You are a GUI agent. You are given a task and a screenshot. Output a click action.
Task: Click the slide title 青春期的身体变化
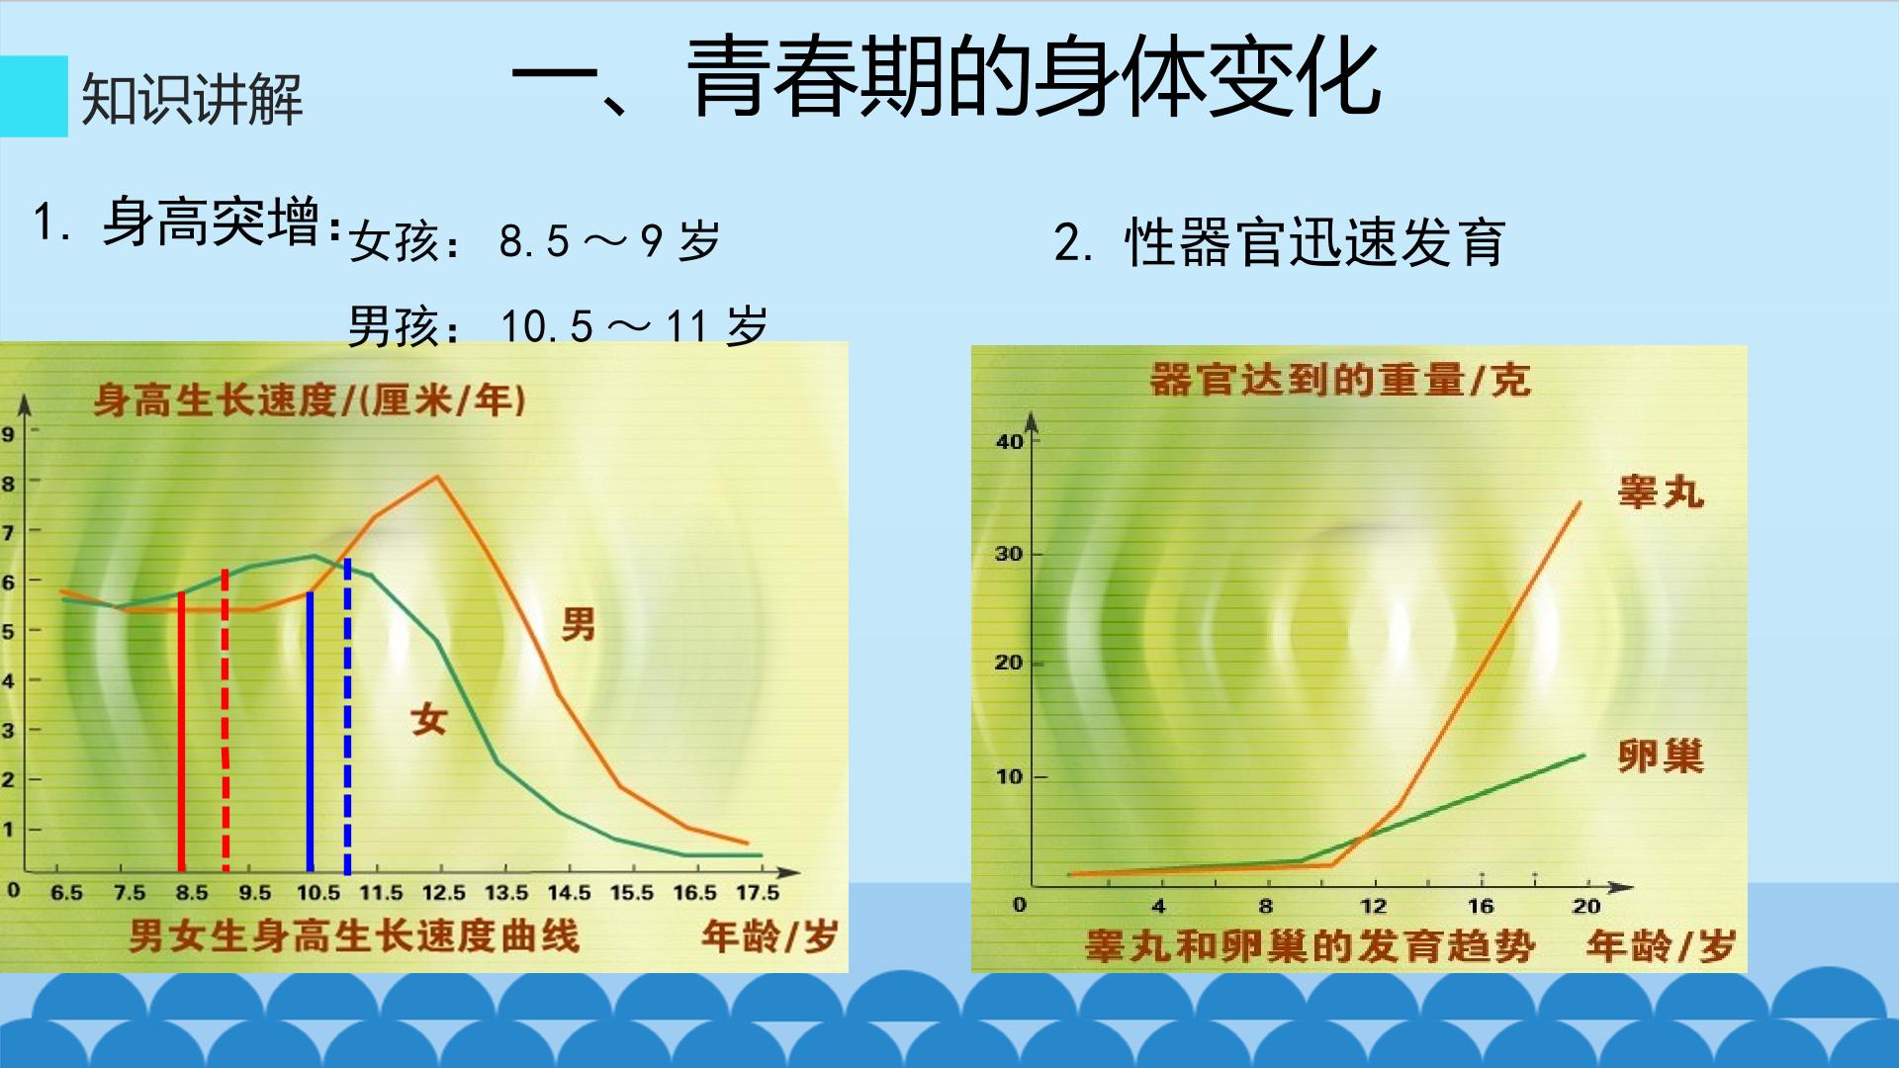[1034, 77]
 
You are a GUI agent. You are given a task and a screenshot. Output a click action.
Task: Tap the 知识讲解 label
[192, 99]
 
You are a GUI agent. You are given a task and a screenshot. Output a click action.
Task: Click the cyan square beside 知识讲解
[34, 96]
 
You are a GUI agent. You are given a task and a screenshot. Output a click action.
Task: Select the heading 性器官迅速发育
[1315, 242]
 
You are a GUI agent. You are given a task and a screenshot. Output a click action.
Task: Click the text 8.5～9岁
[609, 240]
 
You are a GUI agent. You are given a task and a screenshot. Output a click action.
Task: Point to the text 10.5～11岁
[634, 325]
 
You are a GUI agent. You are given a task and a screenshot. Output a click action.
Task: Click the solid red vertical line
[181, 732]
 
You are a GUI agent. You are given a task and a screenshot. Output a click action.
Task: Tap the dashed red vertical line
[226, 720]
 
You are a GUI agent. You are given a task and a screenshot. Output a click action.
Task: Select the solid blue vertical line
[310, 732]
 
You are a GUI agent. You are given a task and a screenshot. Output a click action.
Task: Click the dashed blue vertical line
[347, 717]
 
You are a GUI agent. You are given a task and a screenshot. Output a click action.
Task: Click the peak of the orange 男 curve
[437, 478]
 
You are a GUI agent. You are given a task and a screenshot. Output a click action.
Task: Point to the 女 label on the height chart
[429, 719]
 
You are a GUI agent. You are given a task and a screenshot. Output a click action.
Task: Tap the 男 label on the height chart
[579, 624]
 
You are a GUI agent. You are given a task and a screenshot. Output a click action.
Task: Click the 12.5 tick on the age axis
[443, 892]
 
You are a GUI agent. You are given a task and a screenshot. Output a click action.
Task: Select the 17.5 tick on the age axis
[758, 892]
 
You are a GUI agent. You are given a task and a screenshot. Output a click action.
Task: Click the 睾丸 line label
[1661, 491]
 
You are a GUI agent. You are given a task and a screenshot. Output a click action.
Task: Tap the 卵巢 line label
[1661, 756]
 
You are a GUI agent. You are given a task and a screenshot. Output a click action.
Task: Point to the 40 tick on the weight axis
[1010, 441]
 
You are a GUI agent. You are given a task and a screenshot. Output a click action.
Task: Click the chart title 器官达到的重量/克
[1340, 380]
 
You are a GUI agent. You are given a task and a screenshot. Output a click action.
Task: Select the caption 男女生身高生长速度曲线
[354, 935]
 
